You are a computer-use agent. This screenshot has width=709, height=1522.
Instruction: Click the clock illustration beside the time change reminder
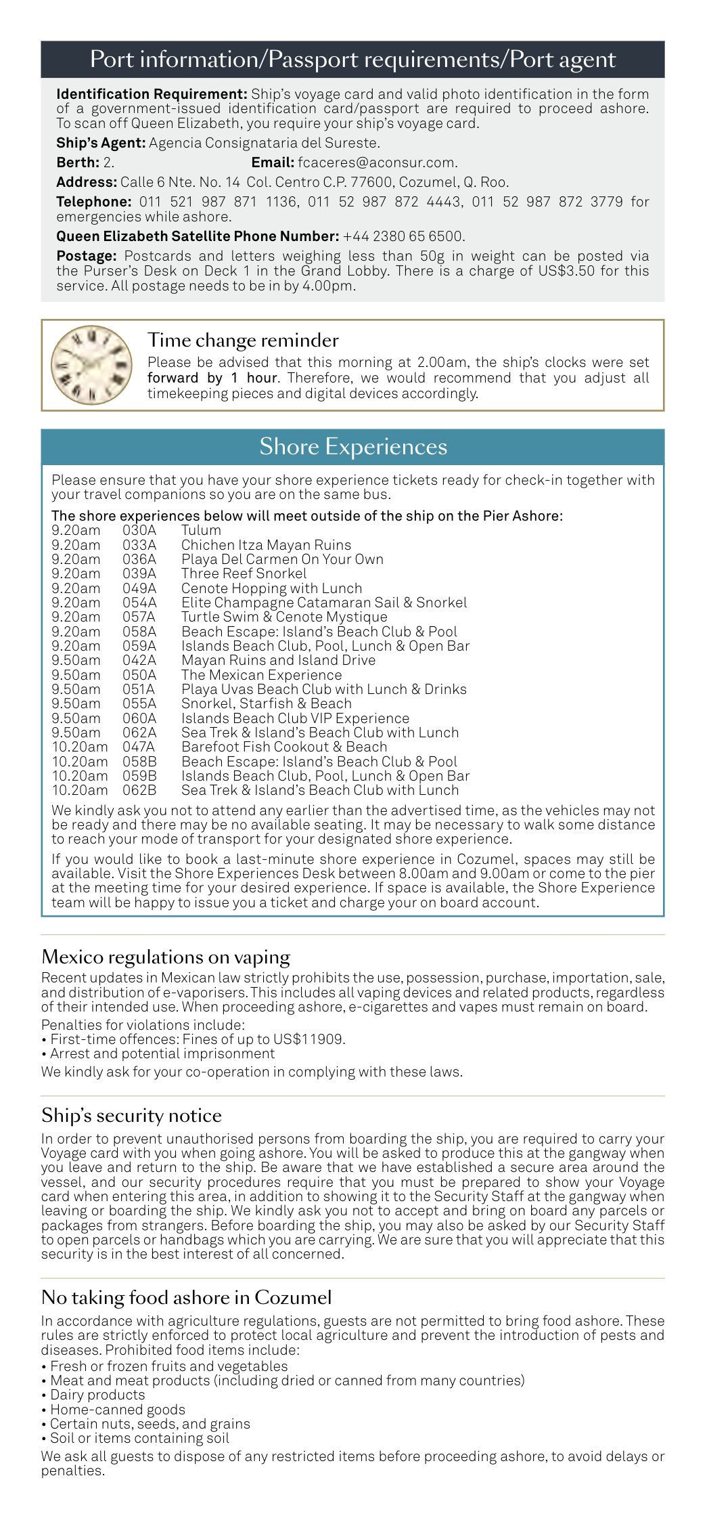(x=92, y=365)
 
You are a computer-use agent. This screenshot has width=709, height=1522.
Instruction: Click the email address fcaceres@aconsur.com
(x=377, y=162)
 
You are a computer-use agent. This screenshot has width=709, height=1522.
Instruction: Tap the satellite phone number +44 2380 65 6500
(x=403, y=236)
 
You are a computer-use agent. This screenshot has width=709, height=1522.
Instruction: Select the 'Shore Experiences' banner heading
(x=353, y=447)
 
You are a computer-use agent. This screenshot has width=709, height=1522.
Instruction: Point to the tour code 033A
(x=139, y=545)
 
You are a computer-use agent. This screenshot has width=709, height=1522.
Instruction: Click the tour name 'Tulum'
(x=201, y=530)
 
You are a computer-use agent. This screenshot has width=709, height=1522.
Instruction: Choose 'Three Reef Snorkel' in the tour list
(x=244, y=573)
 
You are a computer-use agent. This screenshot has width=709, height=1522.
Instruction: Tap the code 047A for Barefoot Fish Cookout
(x=139, y=747)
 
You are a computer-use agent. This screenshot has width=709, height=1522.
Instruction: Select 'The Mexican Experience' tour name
(x=261, y=675)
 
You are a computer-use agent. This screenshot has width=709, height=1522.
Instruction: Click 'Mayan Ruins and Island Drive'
(x=278, y=660)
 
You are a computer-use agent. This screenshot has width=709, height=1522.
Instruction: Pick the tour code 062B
(x=139, y=790)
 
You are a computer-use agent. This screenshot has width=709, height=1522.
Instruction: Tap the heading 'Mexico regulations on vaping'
(x=166, y=957)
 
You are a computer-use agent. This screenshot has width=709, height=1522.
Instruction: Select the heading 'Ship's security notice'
(x=131, y=1116)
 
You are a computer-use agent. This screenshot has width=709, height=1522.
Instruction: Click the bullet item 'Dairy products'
(x=97, y=1395)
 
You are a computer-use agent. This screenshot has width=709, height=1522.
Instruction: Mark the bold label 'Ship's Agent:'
(x=101, y=143)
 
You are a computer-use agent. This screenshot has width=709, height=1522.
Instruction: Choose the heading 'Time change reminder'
(x=243, y=340)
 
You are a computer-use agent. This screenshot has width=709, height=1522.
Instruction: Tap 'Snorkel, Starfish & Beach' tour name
(x=266, y=703)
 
